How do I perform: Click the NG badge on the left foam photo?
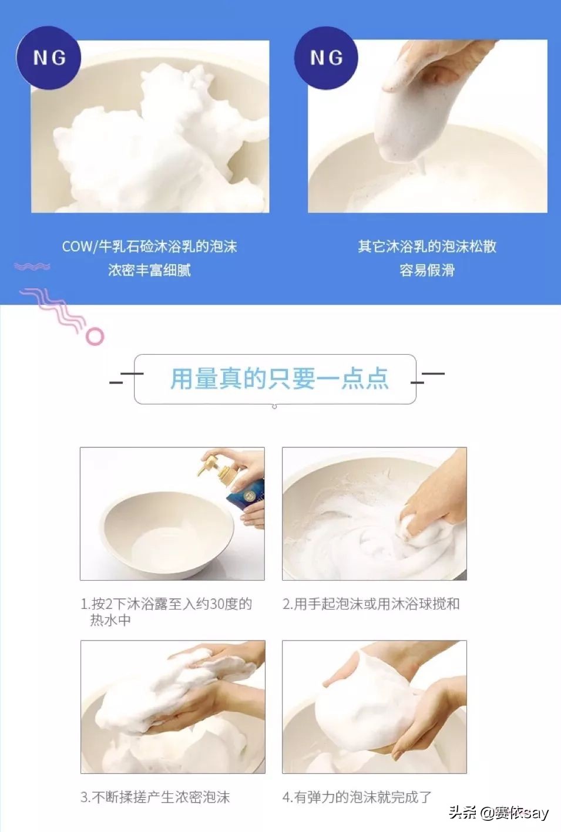pos(49,58)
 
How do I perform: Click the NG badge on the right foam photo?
pos(326,58)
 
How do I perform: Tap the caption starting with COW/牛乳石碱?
pos(149,247)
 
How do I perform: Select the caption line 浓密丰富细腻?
pos(149,270)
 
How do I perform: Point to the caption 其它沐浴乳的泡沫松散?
pos(427,247)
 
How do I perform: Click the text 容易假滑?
pos(427,270)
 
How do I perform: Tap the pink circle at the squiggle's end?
pos(95,336)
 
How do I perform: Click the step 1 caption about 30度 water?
pos(166,611)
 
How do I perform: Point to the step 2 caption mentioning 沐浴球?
pos(371,604)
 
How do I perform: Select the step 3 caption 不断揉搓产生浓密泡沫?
pos(155,797)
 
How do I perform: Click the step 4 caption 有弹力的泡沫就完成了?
pos(357,797)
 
